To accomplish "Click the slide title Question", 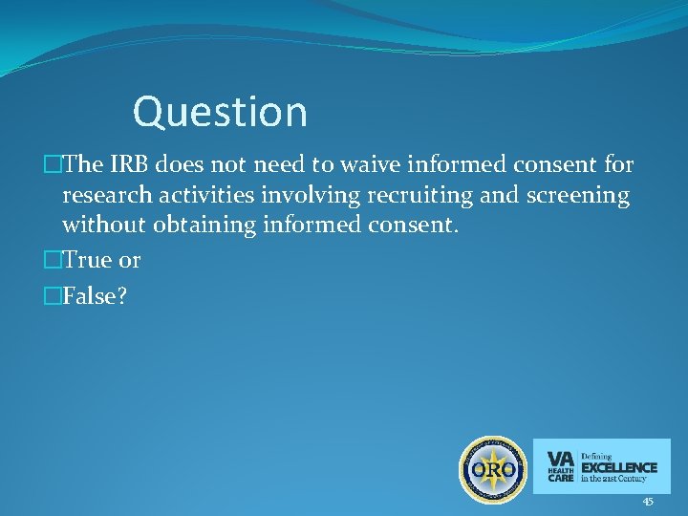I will point(220,112).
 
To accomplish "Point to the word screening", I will point(577,196).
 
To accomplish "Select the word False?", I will point(96,297).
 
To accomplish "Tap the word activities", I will point(211,196).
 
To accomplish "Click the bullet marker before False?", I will point(52,297).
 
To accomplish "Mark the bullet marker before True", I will point(52,260).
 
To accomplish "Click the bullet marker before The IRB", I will point(52,164).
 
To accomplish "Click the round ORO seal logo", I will point(493,469).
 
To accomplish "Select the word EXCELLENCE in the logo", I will point(619,467).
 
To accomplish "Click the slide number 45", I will point(648,502).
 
